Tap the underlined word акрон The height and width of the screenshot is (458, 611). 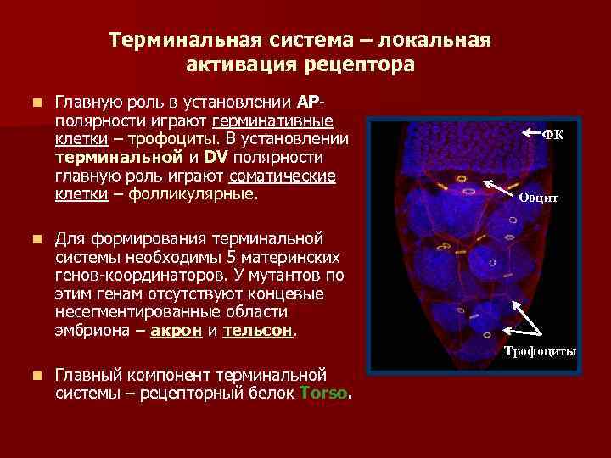click(176, 332)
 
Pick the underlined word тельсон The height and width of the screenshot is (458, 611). click(257, 332)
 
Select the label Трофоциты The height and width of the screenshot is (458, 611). click(541, 351)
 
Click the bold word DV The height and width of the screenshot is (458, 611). click(216, 157)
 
